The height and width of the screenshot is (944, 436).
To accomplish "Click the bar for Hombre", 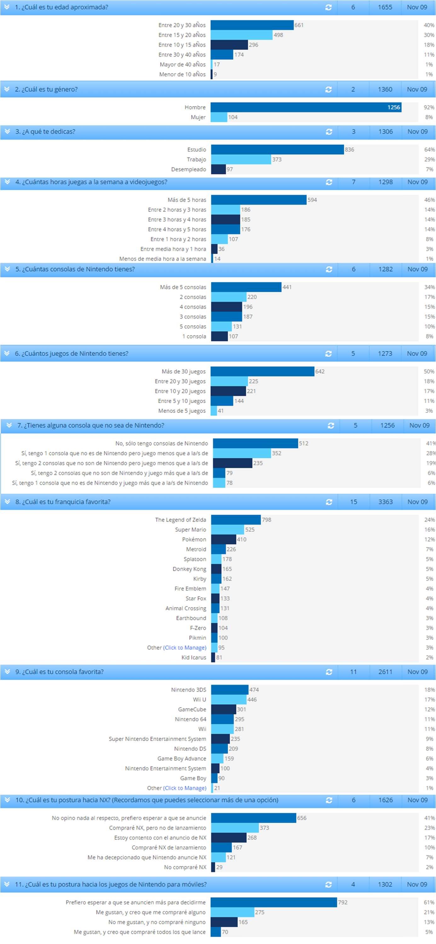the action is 306,107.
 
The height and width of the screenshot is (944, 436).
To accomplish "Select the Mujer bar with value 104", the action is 219,117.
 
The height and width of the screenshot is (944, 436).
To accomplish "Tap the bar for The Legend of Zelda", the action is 236,520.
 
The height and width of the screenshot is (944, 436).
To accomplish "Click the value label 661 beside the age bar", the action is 299,25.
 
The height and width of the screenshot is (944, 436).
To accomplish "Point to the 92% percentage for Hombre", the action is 429,107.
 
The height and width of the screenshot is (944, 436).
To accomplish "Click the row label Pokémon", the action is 194,539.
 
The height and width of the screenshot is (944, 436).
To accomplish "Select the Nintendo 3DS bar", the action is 230,690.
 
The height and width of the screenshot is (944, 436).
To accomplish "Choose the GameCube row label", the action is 192,709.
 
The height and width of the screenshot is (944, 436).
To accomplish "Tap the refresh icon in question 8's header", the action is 329,502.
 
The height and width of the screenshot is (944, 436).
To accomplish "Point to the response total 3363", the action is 385,502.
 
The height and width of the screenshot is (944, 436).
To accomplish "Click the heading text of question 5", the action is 75,269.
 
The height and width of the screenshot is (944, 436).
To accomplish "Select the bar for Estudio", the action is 277,150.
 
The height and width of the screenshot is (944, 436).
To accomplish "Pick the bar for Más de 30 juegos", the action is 262,372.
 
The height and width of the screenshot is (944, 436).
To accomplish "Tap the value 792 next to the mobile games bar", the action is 342,902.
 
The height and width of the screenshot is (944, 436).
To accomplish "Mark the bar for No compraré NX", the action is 213,867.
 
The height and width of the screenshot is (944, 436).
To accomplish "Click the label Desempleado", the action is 188,169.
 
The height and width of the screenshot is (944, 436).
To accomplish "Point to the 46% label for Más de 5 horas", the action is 429,200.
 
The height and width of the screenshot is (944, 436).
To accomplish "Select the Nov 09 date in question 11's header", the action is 417,884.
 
